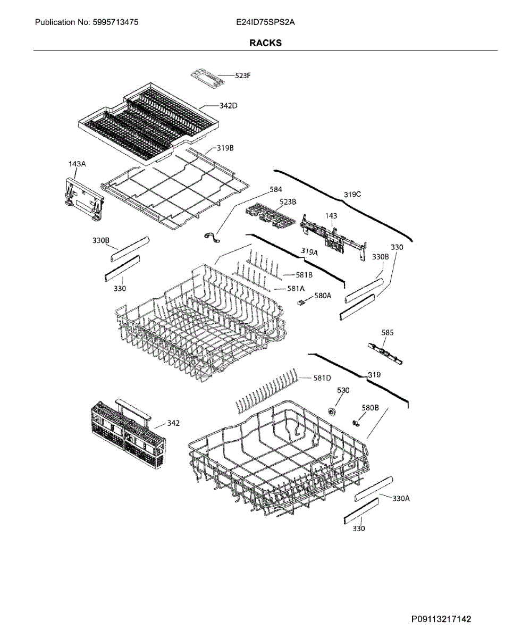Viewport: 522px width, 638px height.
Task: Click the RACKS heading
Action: pyautogui.click(x=265, y=43)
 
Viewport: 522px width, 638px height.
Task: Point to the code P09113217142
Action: pyautogui.click(x=441, y=619)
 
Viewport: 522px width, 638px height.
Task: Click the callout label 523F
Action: pyautogui.click(x=242, y=76)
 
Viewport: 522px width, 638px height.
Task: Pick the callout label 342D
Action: pyautogui.click(x=228, y=106)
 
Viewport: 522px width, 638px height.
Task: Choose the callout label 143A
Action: pyautogui.click(x=77, y=164)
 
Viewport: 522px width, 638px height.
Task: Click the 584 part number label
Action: pyautogui.click(x=276, y=189)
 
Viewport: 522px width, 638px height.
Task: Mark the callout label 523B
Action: pyautogui.click(x=288, y=202)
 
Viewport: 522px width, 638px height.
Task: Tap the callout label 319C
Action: pyautogui.click(x=352, y=195)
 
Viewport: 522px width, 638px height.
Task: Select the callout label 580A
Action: pyautogui.click(x=323, y=296)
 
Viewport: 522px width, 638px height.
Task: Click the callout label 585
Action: pyautogui.click(x=388, y=333)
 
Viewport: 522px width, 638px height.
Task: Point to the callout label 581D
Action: pyautogui.click(x=322, y=378)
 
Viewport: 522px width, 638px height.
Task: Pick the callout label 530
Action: pyautogui.click(x=343, y=390)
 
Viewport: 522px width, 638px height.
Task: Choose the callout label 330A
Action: pyautogui.click(x=401, y=499)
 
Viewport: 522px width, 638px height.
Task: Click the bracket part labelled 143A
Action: pyautogui.click(x=82, y=198)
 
